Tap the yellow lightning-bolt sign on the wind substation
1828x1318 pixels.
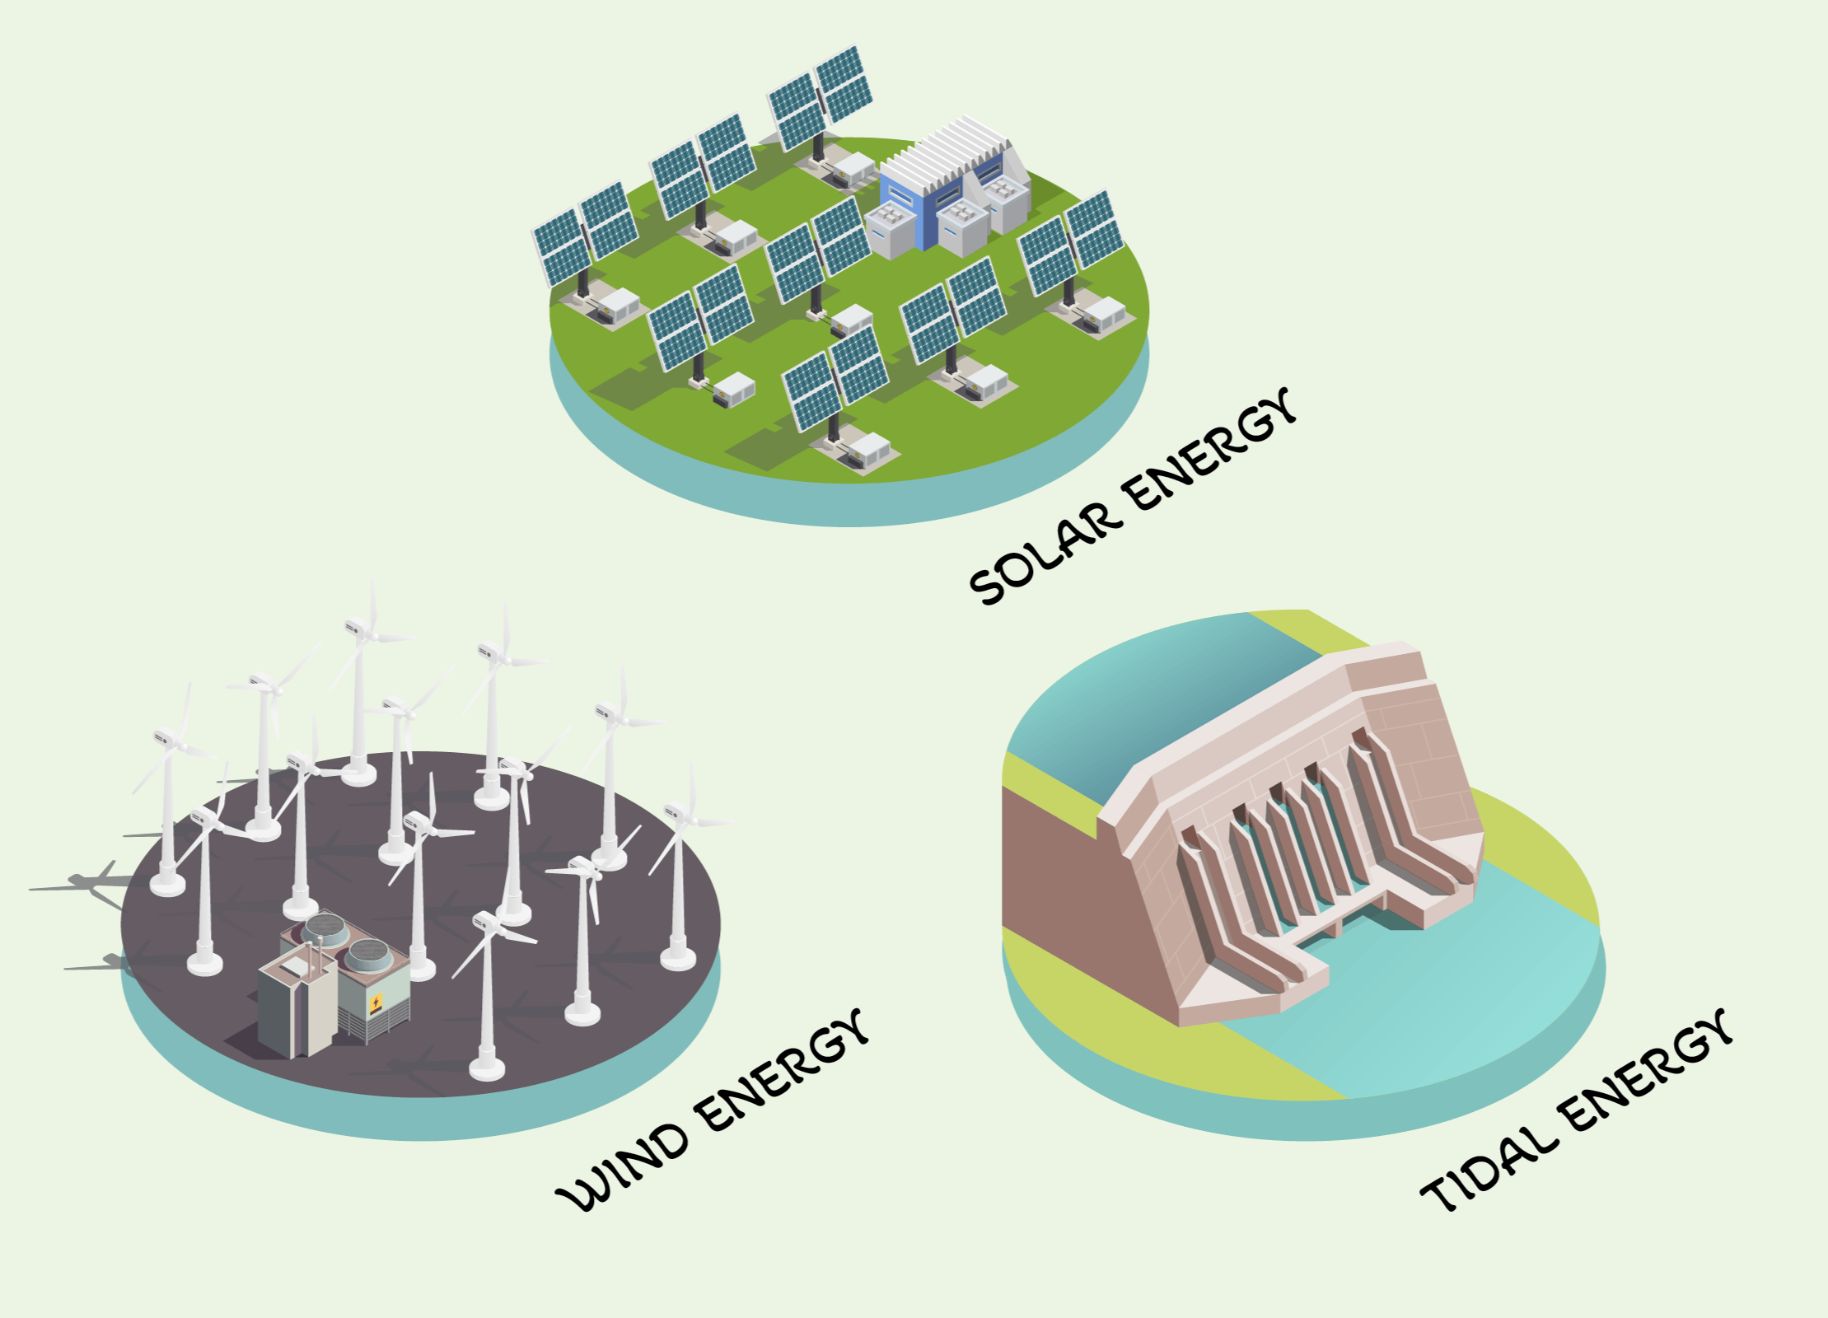pyautogui.click(x=376, y=1003)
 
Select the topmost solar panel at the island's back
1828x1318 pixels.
pyautogui.click(x=820, y=97)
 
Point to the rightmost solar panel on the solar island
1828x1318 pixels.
pyautogui.click(x=1071, y=242)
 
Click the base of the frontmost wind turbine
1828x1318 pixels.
pyautogui.click(x=486, y=1069)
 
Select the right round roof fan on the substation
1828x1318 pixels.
pyautogui.click(x=368, y=954)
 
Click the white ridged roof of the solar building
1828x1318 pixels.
pyautogui.click(x=947, y=152)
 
